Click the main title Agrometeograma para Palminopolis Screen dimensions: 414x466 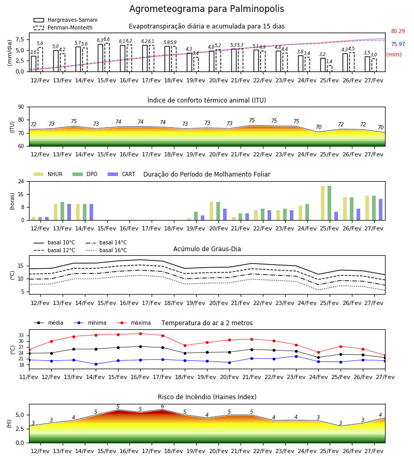[x=206, y=9]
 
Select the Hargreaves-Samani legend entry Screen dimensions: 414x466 [x=65, y=20]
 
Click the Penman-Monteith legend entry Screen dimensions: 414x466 [x=63, y=27]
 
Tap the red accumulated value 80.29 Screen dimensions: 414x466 [x=398, y=31]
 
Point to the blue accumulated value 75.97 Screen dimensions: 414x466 [x=398, y=45]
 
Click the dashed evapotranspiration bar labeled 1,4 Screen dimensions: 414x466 [x=330, y=68]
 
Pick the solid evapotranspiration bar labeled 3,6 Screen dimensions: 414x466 [x=34, y=64]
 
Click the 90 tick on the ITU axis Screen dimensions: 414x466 [x=21, y=107]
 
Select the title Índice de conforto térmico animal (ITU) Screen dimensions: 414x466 [x=206, y=100]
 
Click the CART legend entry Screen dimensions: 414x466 [x=122, y=174]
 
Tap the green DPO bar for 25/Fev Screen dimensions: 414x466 [x=329, y=203]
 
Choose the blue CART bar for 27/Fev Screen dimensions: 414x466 [x=381, y=210]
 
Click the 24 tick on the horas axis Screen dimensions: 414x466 [x=21, y=181]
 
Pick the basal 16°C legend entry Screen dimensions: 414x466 [x=106, y=250]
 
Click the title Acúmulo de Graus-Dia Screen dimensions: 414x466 [x=207, y=249]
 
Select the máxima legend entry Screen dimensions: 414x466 [x=134, y=323]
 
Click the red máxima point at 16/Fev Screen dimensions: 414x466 [x=140, y=334]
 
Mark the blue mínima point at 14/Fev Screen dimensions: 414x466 [x=96, y=364]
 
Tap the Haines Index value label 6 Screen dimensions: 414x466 [x=162, y=406]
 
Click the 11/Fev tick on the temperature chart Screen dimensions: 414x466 [x=29, y=377]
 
